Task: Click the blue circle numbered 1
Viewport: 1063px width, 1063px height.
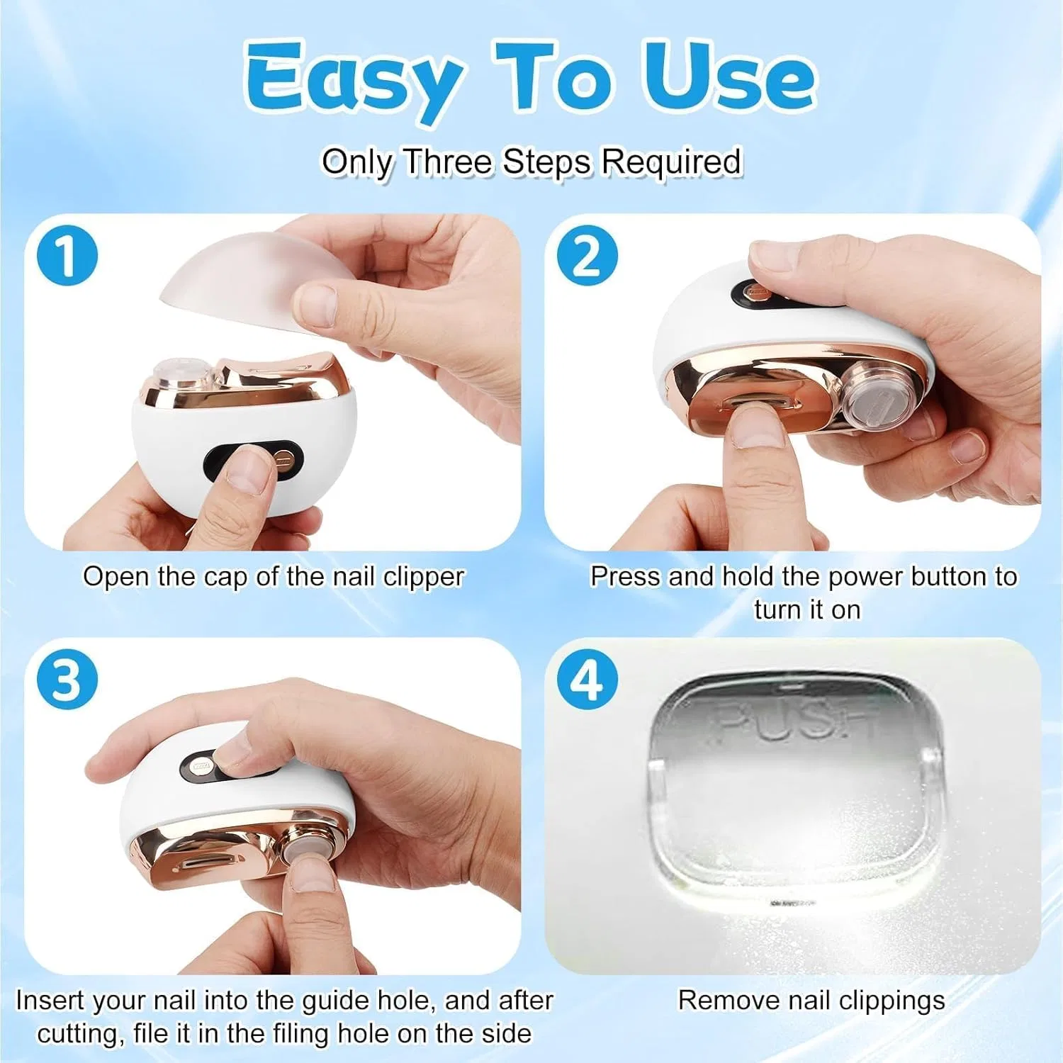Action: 67,255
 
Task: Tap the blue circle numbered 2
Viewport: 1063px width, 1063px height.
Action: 587,255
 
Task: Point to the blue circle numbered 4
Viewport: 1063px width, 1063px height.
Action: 587,679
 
